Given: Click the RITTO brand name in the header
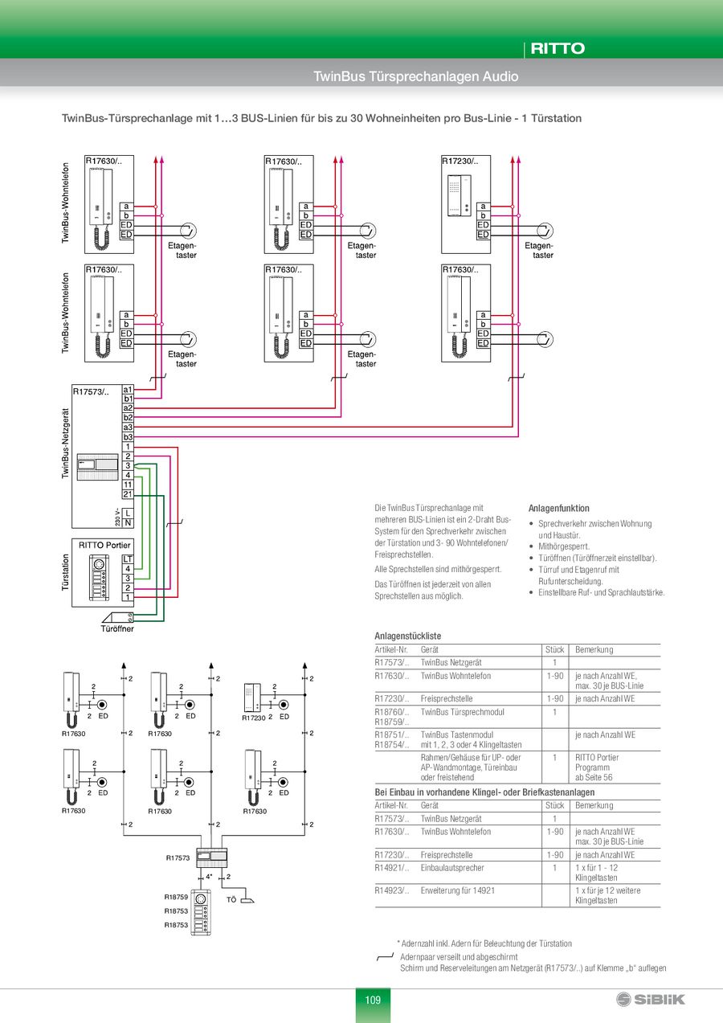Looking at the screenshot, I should [557, 48].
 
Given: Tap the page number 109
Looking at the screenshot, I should [373, 1000].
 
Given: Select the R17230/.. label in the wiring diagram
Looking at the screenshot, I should [460, 162].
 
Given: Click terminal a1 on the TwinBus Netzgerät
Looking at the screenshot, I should [128, 390].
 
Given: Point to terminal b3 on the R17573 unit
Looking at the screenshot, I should [128, 436].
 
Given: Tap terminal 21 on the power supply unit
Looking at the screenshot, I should [128, 494].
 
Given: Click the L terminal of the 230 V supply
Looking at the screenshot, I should [128, 513].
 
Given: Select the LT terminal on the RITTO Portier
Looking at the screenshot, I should [128, 559].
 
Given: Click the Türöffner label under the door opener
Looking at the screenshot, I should [117, 628].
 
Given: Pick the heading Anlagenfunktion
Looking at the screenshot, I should [558, 509].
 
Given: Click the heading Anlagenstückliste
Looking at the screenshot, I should [407, 636].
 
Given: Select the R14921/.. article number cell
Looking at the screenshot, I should [392, 868].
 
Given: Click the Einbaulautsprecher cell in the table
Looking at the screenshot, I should [452, 868].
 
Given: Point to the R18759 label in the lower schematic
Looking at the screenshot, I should [176, 897].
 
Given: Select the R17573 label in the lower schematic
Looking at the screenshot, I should [178, 858].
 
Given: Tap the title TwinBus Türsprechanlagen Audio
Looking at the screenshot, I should [415, 76].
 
